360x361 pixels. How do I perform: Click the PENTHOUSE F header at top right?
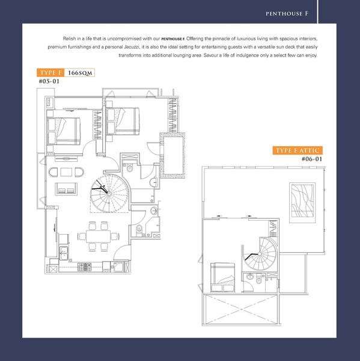tap(287, 14)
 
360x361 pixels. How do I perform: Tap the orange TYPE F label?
tap(50, 73)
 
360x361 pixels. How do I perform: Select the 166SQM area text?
tap(80, 73)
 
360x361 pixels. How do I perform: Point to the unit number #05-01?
tap(49, 81)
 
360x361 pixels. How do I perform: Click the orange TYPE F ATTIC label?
tap(297, 150)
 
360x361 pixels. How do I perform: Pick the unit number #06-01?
tap(312, 159)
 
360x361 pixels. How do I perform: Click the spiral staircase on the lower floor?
tap(109, 193)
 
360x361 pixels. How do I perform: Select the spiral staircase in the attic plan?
tap(260, 254)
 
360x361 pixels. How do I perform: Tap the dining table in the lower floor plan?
tap(98, 236)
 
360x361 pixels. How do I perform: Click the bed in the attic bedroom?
tap(222, 277)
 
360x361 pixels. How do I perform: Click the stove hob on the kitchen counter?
tap(84, 267)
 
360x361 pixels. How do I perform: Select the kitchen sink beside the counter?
tap(64, 253)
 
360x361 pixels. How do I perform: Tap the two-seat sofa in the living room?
tap(66, 189)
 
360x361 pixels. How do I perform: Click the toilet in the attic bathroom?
tap(259, 279)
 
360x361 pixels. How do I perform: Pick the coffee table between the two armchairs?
tap(66, 172)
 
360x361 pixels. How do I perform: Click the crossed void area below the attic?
tap(241, 309)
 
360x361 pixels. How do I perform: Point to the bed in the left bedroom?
tap(64, 131)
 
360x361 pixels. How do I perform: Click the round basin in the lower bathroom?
tap(154, 211)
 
